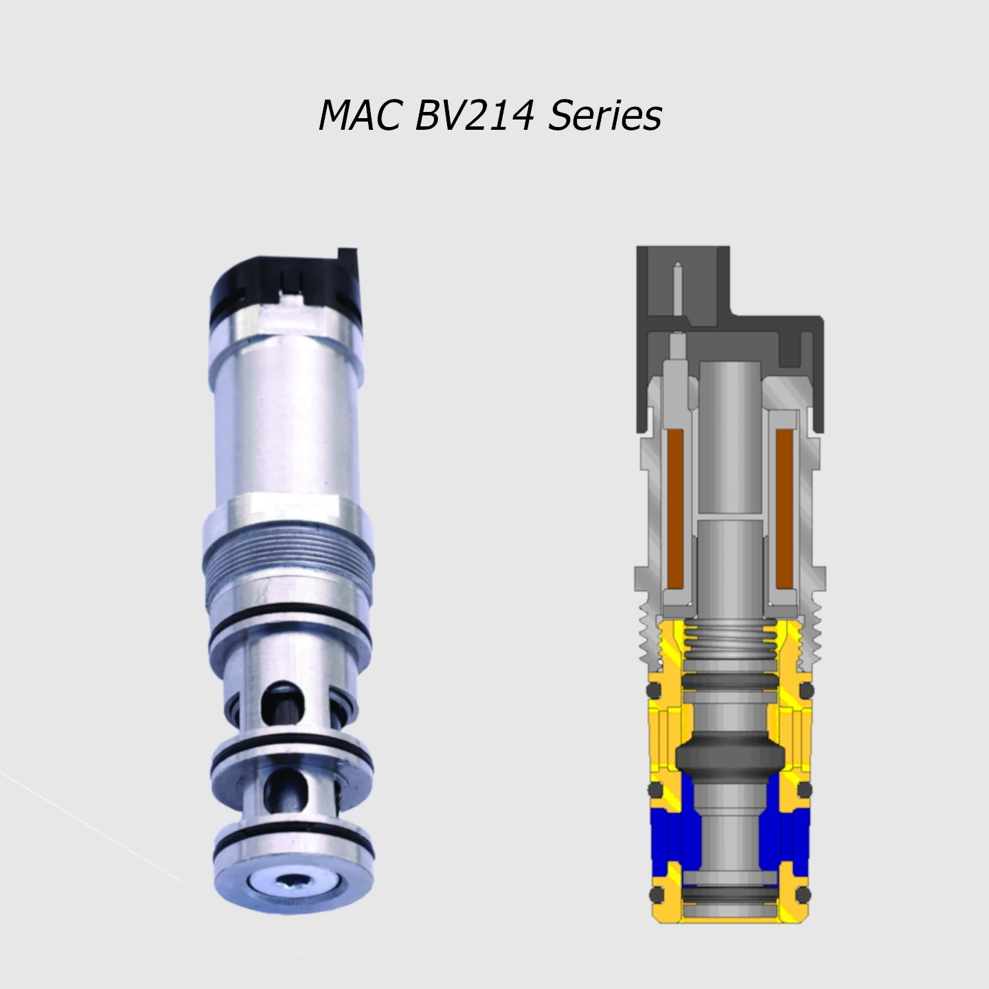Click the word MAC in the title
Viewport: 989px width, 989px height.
pyautogui.click(x=359, y=115)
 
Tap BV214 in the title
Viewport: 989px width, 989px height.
pyautogui.click(x=474, y=115)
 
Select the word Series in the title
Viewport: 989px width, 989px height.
pyautogui.click(x=605, y=115)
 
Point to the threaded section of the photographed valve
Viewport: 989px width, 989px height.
pyautogui.click(x=288, y=554)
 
